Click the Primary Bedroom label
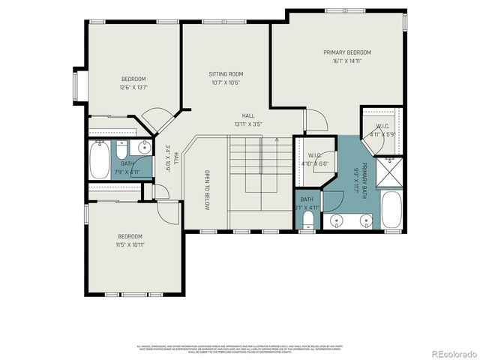pos(347,52)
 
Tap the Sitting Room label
pos(226,74)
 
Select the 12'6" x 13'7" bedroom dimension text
pos(133,88)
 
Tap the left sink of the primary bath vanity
pos(337,220)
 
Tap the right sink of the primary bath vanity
pos(365,220)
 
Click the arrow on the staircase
pos(277,139)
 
